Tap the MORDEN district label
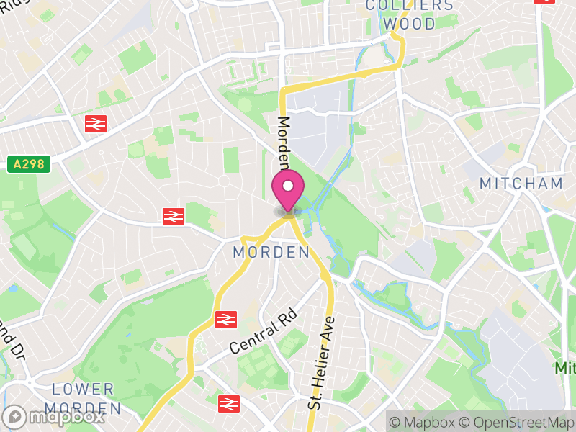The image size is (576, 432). coord(271,253)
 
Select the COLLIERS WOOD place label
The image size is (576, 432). coord(410,14)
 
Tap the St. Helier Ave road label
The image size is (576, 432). coord(320,364)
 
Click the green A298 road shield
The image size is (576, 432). coord(29,164)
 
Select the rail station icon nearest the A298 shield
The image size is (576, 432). coord(94,124)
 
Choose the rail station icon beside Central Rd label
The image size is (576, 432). coord(226,318)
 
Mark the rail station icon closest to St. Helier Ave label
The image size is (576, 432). coord(228,403)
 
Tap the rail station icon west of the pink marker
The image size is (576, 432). coord(174,215)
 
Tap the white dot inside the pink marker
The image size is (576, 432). coord(288,186)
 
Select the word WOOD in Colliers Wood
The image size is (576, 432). coord(410,23)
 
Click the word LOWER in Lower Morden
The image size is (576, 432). coord(84,390)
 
